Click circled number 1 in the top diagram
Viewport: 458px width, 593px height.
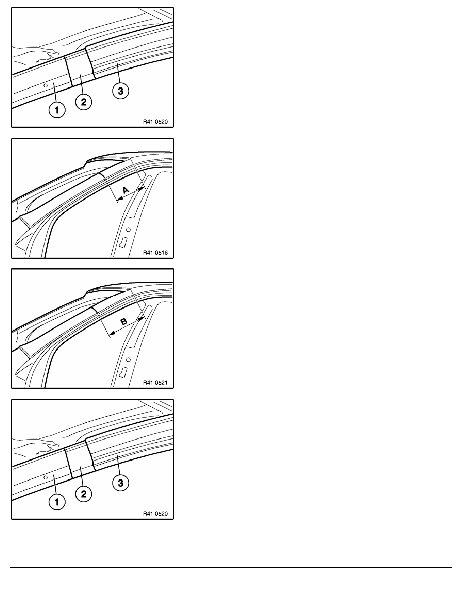tap(57, 110)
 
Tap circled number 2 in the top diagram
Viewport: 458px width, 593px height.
tap(83, 102)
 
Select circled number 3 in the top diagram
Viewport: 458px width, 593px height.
tap(121, 91)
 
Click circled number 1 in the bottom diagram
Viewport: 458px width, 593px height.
tap(57, 502)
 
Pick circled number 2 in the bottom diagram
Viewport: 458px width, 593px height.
tap(83, 494)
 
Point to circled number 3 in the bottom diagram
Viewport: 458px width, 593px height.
tap(121, 483)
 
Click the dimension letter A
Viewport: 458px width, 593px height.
tap(126, 190)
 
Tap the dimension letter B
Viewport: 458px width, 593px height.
tap(124, 322)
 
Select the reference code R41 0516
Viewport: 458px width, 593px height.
tap(155, 252)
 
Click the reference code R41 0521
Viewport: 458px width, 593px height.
tap(155, 383)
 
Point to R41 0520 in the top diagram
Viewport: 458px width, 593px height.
tap(155, 122)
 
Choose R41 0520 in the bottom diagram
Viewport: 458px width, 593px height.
tap(155, 514)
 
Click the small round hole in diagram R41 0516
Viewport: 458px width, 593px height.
tap(129, 229)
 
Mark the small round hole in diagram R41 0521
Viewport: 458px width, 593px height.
tap(129, 360)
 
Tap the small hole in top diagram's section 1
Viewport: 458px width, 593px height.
tap(46, 85)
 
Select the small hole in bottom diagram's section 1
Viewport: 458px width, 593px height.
tap(46, 477)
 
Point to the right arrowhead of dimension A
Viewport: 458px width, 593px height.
tap(142, 188)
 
